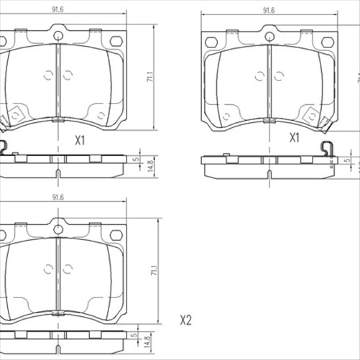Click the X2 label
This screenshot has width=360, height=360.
(x=186, y=320)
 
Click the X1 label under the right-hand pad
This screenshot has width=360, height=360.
(x=295, y=137)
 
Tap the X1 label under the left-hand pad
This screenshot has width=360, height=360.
(x=80, y=141)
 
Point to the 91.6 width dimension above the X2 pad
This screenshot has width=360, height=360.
(x=58, y=198)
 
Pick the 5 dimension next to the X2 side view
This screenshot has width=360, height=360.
(x=134, y=334)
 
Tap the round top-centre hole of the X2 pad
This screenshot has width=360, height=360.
(x=58, y=229)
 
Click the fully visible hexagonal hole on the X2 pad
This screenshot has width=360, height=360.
(x=116, y=234)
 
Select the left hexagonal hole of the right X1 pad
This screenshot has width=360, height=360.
(x=211, y=42)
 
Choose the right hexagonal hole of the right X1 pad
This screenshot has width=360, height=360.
(x=327, y=42)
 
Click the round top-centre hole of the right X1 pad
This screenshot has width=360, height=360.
(x=269, y=37)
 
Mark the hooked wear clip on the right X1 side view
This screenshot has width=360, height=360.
(x=328, y=149)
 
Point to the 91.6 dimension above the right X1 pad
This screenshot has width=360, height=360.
(x=269, y=10)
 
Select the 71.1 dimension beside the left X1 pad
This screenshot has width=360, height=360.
(x=150, y=78)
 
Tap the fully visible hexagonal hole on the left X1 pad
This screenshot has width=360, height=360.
(x=116, y=40)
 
